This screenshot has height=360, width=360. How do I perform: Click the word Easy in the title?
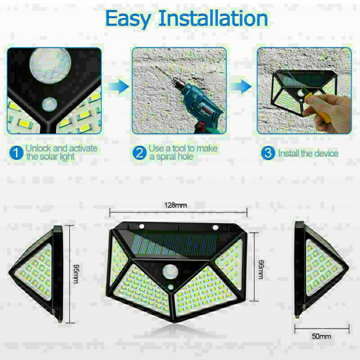pos(128,19)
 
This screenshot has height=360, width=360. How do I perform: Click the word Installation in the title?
pos(213,18)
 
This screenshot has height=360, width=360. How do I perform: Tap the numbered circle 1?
pos(16,153)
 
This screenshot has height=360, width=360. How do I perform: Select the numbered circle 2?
pos(139,153)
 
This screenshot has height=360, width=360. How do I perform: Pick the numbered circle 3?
pos(268,153)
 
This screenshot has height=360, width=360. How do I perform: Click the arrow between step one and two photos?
pos(118,86)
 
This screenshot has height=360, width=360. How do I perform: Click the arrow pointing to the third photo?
pos(241,86)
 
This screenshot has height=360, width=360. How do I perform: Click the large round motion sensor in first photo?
pos(50,65)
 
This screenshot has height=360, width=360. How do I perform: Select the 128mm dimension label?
pos(175,205)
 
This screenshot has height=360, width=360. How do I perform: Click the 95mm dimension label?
pos(76,274)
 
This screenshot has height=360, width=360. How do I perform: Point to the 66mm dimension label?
pos(261,269)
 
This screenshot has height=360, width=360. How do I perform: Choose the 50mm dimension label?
pos(321,336)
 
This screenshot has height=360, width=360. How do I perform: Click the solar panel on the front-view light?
pos(175,244)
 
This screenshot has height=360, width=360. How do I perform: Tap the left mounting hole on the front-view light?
pos(141,226)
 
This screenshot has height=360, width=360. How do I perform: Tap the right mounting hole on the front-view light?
pos(216,227)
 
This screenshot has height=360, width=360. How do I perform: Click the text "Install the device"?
pos(308,153)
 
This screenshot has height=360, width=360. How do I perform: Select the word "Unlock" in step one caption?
pos(38,148)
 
